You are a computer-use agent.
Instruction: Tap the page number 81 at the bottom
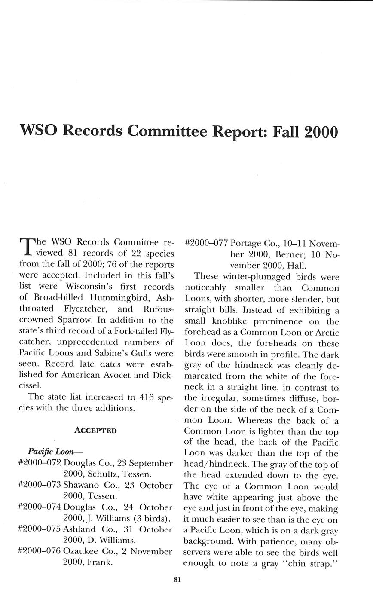click(177, 579)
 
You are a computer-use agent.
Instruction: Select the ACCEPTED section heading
click(95, 430)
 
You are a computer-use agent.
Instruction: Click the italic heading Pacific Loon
click(55, 451)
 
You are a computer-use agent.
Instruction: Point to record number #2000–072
click(40, 463)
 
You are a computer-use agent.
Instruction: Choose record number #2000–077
click(206, 242)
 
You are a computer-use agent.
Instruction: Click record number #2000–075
click(40, 529)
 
